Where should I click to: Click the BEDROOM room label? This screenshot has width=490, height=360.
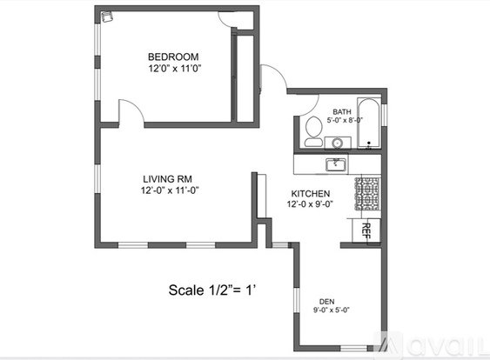click(173, 57)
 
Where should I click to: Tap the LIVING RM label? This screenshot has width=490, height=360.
click(167, 179)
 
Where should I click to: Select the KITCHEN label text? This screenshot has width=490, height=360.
click(311, 194)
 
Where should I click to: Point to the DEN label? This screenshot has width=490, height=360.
click(327, 302)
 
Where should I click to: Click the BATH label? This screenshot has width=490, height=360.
click(342, 112)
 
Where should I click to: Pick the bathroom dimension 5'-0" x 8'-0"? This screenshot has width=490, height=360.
click(345, 120)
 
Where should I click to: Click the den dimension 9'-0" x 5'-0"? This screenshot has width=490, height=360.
click(332, 310)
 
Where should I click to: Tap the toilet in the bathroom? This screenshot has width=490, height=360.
click(313, 131)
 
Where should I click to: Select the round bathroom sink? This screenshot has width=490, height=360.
click(337, 143)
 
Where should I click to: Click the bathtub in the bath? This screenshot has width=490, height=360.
click(368, 123)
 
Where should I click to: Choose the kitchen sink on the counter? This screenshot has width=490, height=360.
click(336, 164)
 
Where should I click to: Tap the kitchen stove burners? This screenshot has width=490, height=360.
click(367, 194)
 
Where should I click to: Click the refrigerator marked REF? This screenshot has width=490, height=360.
click(366, 230)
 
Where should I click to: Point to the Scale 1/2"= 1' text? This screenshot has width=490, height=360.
click(212, 290)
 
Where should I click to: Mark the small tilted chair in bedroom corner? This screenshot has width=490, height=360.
click(107, 17)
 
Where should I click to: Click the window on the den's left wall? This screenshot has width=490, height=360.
click(297, 301)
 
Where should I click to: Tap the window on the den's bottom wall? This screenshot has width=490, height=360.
click(353, 348)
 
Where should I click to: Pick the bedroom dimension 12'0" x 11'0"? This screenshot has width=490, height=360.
click(174, 69)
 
